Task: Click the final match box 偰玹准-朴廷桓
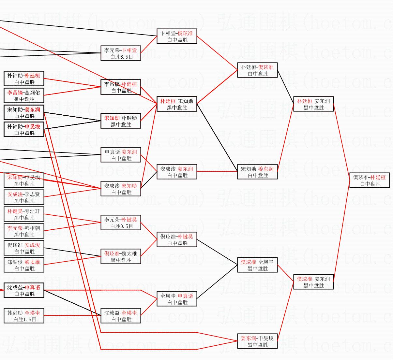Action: (370, 180)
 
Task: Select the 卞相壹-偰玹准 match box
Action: (177, 36)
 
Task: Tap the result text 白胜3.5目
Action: (121, 57)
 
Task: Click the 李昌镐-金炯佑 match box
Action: (24, 96)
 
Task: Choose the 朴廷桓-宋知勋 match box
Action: (177, 104)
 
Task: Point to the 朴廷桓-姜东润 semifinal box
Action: (313, 104)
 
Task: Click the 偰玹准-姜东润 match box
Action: (313, 282)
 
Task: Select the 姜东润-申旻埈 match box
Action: (257, 341)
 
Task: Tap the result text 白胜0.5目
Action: (121, 226)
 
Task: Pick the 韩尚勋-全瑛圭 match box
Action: (24, 316)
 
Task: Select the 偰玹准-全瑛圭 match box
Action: (257, 265)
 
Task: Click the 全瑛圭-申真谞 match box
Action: (177, 299)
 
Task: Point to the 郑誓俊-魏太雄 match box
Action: (24, 265)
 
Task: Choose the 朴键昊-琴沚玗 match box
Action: (24, 214)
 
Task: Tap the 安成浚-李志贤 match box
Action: (24, 197)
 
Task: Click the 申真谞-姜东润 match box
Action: (121, 155)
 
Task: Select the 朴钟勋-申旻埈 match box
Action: (24, 130)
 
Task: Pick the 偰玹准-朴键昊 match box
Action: (177, 240)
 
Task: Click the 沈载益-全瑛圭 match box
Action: (121, 316)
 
